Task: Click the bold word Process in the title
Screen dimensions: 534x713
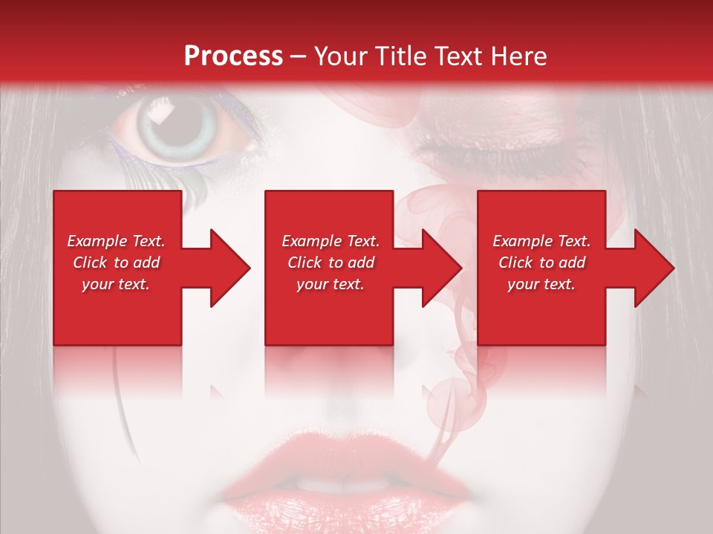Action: point(233,56)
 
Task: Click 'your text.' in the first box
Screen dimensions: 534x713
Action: point(116,284)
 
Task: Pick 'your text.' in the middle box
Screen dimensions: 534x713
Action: point(330,284)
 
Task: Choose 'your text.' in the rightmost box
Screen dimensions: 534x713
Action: point(541,284)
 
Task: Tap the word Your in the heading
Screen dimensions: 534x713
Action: point(339,56)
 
